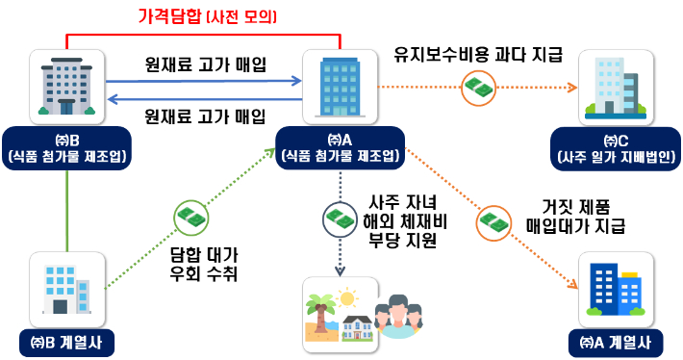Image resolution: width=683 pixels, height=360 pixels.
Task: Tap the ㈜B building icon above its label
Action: pos(65,87)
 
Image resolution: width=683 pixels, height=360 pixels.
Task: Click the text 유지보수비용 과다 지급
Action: pos(478,55)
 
